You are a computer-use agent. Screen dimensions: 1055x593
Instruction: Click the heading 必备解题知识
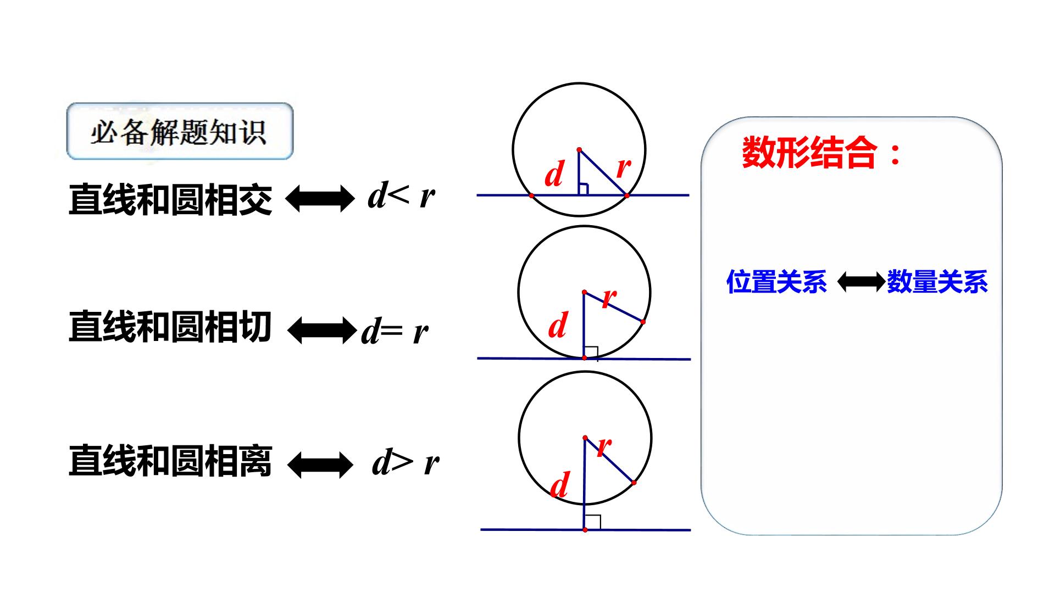point(179,132)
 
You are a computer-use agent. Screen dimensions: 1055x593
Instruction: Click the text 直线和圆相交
point(170,199)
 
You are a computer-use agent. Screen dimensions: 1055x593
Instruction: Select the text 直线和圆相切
point(170,327)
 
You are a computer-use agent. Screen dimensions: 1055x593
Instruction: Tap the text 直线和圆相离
point(170,461)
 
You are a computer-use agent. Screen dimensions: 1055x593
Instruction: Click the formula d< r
point(402,195)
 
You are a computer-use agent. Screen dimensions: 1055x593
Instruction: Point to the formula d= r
point(395,331)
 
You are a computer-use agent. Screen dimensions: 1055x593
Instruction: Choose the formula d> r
point(406,462)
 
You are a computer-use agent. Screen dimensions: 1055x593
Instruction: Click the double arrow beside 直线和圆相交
point(320,198)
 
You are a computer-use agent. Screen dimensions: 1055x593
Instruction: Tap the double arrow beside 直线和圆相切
point(323,331)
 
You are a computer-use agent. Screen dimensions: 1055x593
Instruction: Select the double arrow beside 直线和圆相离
point(320,465)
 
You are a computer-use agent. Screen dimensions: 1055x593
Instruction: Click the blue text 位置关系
point(776,282)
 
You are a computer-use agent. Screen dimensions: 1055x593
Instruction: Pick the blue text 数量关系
point(937,282)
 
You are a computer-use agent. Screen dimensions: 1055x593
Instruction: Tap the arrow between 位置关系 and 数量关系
point(862,282)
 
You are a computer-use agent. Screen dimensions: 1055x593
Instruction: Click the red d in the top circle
point(554,174)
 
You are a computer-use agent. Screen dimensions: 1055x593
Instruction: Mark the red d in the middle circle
point(558,325)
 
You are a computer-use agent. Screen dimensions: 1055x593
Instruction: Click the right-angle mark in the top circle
point(584,189)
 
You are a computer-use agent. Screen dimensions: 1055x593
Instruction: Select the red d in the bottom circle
point(559,485)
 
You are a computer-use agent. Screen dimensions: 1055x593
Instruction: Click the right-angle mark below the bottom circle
point(593,522)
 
